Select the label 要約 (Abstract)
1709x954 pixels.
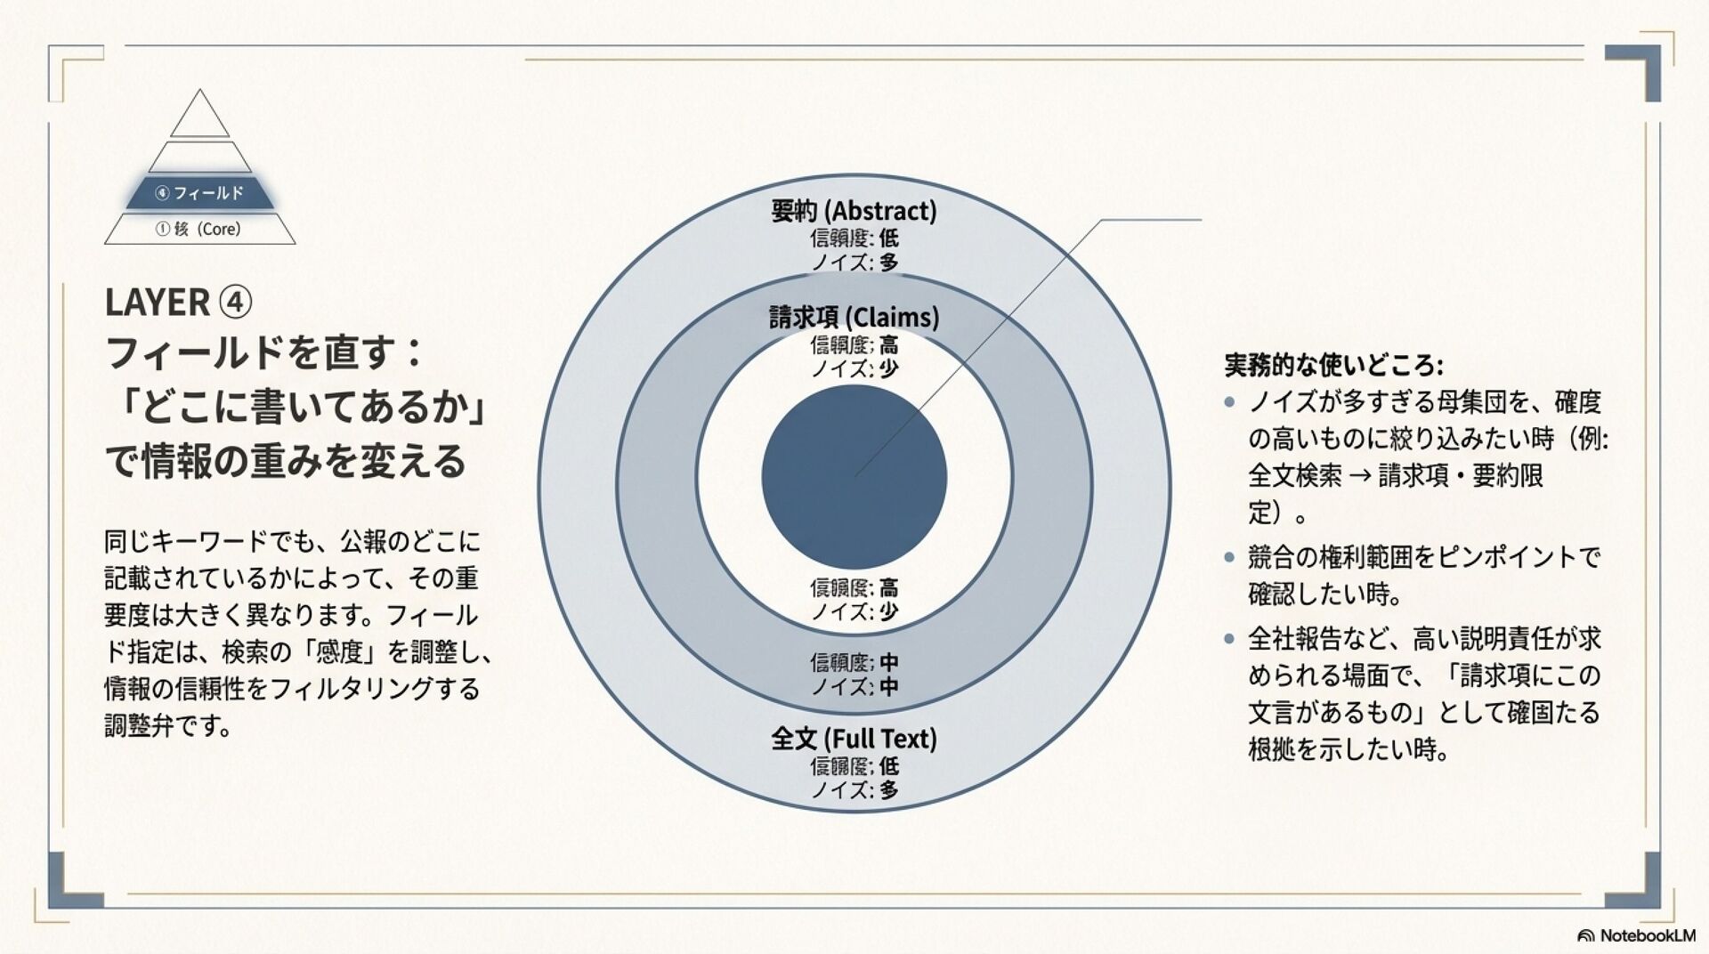click(x=854, y=211)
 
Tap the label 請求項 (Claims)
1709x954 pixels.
click(x=854, y=318)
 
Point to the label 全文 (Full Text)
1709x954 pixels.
click(x=854, y=739)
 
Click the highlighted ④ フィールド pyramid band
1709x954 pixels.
click(x=199, y=193)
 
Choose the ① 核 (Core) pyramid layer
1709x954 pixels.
click(x=199, y=229)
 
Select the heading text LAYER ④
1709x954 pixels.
click(x=178, y=303)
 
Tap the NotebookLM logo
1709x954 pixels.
click(x=1636, y=935)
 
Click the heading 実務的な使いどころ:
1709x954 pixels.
click(x=1332, y=365)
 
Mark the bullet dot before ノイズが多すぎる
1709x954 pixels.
click(x=1229, y=402)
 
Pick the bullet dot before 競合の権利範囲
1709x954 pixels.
click(x=1229, y=558)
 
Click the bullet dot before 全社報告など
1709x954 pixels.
click(x=1229, y=638)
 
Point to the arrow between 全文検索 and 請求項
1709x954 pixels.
click(x=1359, y=476)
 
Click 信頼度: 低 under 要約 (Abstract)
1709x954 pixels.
click(x=854, y=238)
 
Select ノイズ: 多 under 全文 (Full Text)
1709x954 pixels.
click(x=854, y=789)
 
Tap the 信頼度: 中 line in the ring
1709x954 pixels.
click(x=854, y=662)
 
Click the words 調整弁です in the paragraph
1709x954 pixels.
click(x=167, y=726)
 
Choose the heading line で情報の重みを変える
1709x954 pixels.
click(x=285, y=461)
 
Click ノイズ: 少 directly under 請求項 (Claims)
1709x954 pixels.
click(x=854, y=368)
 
